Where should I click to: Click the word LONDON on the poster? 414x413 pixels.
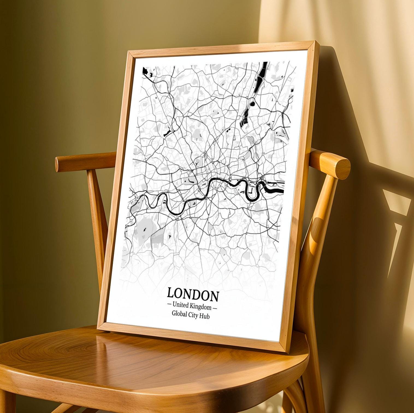tap(193, 295)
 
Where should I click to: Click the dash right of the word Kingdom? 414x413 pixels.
tap(215, 308)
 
